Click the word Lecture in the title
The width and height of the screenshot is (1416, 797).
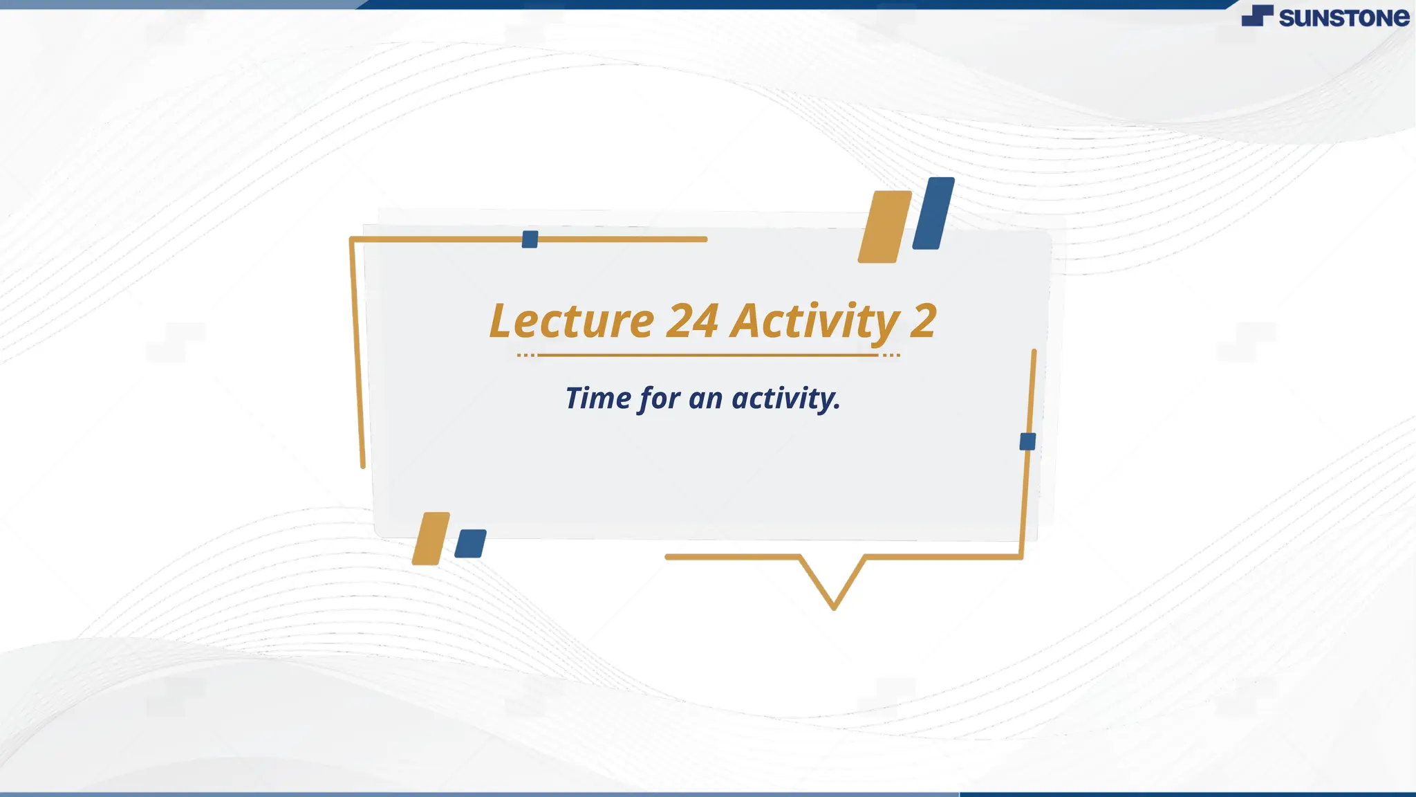571,321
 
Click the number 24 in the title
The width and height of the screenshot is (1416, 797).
692,321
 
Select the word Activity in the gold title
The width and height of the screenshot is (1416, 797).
815,321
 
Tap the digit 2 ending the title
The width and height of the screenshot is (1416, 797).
923,321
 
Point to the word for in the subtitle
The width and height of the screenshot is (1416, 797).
660,399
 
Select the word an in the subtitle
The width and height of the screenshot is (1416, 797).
705,399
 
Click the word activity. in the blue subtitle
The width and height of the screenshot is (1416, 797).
786,399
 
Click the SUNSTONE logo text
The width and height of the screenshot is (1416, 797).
1343,18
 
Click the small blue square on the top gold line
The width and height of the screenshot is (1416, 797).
530,239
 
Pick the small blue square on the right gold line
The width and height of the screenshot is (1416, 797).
1027,441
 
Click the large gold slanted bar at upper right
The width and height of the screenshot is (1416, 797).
884,227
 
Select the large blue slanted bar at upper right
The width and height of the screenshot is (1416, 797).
933,213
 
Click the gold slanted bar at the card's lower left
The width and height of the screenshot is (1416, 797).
431,538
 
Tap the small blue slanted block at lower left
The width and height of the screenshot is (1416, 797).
470,544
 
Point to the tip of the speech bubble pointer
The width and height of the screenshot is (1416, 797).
834,607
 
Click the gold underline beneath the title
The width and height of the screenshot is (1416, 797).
708,355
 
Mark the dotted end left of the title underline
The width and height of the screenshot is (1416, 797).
525,355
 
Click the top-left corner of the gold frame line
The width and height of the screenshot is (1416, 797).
352,239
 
